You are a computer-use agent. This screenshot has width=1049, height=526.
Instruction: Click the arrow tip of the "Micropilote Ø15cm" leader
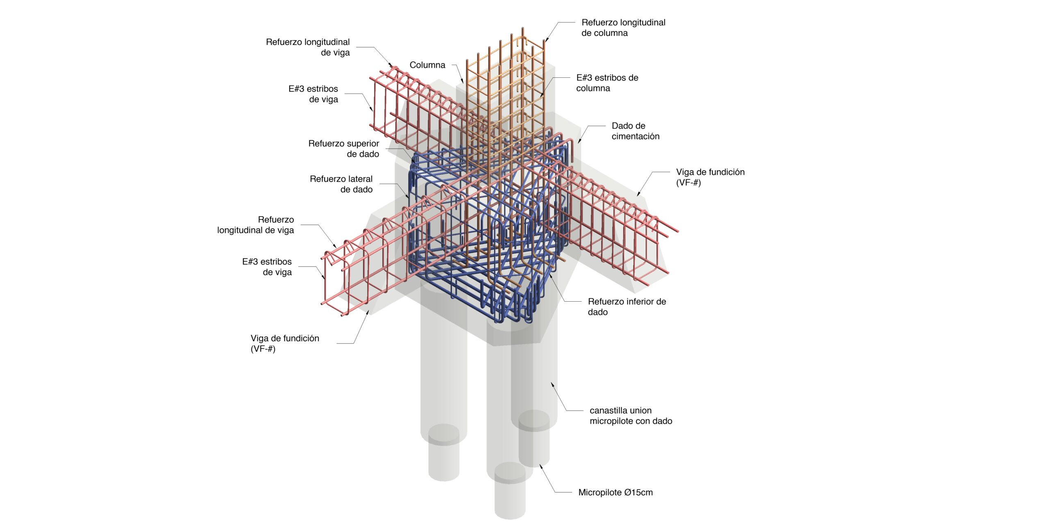pyautogui.click(x=540, y=464)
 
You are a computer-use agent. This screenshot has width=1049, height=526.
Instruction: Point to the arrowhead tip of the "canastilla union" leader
pyautogui.click(x=551, y=382)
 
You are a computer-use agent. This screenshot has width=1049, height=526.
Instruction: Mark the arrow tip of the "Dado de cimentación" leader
pyautogui.click(x=579, y=143)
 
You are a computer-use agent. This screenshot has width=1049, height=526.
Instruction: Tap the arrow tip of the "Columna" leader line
pyautogui.click(x=463, y=84)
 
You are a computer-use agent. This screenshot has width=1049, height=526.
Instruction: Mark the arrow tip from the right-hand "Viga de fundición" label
pyautogui.click(x=637, y=196)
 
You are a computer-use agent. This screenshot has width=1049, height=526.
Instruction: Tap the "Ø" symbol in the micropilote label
pyautogui.click(x=628, y=492)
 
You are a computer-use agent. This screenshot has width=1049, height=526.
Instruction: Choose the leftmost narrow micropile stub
pyautogui.click(x=444, y=452)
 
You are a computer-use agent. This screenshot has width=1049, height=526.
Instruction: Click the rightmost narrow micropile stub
pyautogui.click(x=534, y=438)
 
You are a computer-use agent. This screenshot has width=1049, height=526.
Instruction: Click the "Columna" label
pyautogui.click(x=427, y=65)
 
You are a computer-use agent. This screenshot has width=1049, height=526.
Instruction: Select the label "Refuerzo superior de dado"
pyautogui.click(x=343, y=149)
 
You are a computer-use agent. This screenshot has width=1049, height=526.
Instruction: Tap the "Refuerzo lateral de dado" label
pyautogui.click(x=341, y=184)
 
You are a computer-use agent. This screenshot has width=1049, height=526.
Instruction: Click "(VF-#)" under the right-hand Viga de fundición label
pyautogui.click(x=688, y=183)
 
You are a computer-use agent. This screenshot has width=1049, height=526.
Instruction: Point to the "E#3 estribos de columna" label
pyautogui.click(x=607, y=83)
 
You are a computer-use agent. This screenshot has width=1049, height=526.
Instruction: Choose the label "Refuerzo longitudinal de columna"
pyautogui.click(x=623, y=27)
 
